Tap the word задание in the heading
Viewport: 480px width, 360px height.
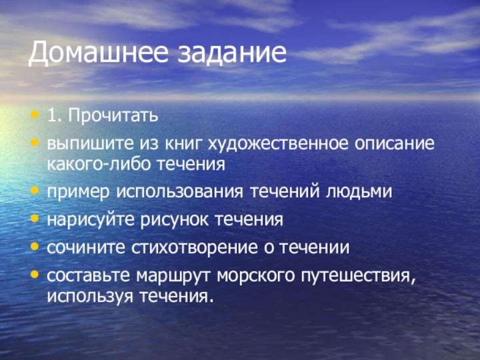231,53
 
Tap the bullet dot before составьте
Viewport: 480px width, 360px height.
35,275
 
